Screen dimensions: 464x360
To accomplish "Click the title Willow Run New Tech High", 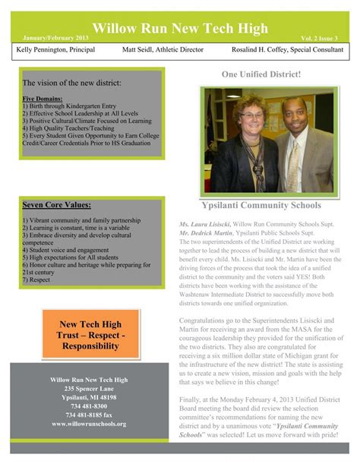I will (x=179, y=28).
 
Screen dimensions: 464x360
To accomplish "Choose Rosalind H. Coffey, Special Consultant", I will (x=288, y=50).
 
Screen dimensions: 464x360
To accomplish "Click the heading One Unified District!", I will (x=261, y=74).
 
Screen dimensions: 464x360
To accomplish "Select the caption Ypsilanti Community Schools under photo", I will (x=261, y=205).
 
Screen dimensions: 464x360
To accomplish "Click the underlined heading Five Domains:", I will (x=41, y=99).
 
